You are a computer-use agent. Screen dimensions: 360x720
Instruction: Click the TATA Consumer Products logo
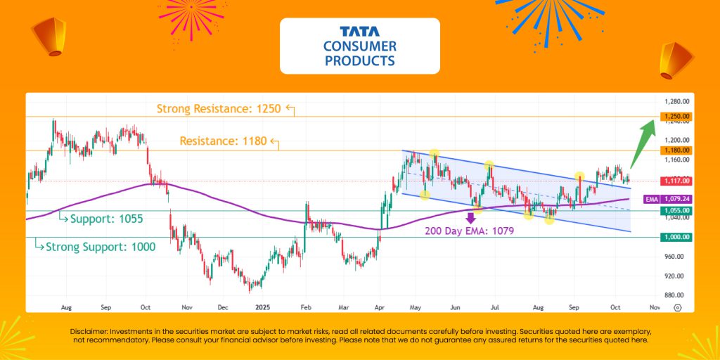pyautogui.click(x=359, y=46)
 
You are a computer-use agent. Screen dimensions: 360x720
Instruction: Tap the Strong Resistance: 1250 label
pyautogui.click(x=219, y=109)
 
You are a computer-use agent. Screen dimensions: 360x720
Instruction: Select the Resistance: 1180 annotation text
pyautogui.click(x=223, y=141)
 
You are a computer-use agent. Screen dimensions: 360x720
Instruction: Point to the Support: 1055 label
pyautogui.click(x=106, y=219)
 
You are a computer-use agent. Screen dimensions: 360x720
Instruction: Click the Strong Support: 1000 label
pyautogui.click(x=100, y=247)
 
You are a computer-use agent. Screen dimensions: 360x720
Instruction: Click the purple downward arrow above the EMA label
pyautogui.click(x=470, y=208)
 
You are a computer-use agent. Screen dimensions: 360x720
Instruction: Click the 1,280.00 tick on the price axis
pyautogui.click(x=674, y=101)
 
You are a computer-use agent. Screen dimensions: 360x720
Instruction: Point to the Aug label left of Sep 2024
pyautogui.click(x=66, y=307)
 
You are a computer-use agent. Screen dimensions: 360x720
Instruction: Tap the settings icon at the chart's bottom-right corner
pyautogui.click(x=677, y=307)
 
